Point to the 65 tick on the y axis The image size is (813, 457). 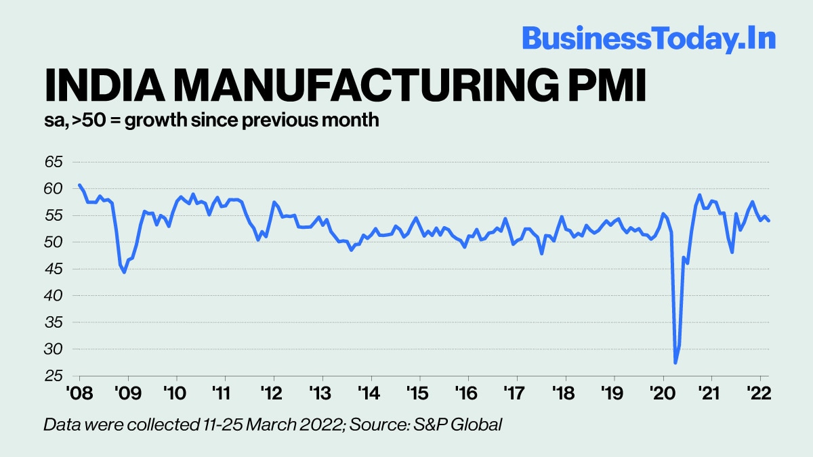point(54,162)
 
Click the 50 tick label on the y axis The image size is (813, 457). point(54,242)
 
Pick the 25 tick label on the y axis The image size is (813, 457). point(54,376)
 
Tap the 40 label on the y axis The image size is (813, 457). point(54,296)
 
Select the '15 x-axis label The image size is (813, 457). point(419,393)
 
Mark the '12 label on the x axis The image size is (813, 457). point(273,393)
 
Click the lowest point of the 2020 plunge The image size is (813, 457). point(675,363)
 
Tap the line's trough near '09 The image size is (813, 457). point(124,272)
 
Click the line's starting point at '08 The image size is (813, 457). point(79,185)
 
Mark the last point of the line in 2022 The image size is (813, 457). point(769,221)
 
